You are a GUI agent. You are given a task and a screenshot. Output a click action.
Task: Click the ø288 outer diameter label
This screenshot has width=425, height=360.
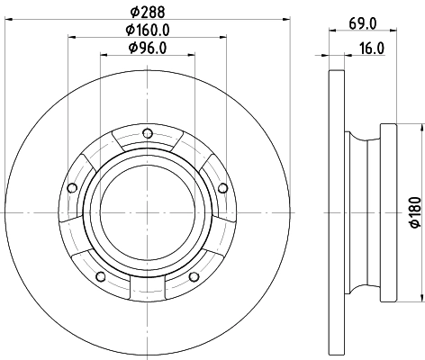coord(147,12)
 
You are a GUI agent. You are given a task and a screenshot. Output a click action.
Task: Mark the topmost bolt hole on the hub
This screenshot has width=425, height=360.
coord(147,137)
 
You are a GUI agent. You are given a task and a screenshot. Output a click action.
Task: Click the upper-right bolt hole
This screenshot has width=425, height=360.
coord(222,187)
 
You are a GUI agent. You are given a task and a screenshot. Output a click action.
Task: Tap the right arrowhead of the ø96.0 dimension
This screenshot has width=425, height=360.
coord(191,55)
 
